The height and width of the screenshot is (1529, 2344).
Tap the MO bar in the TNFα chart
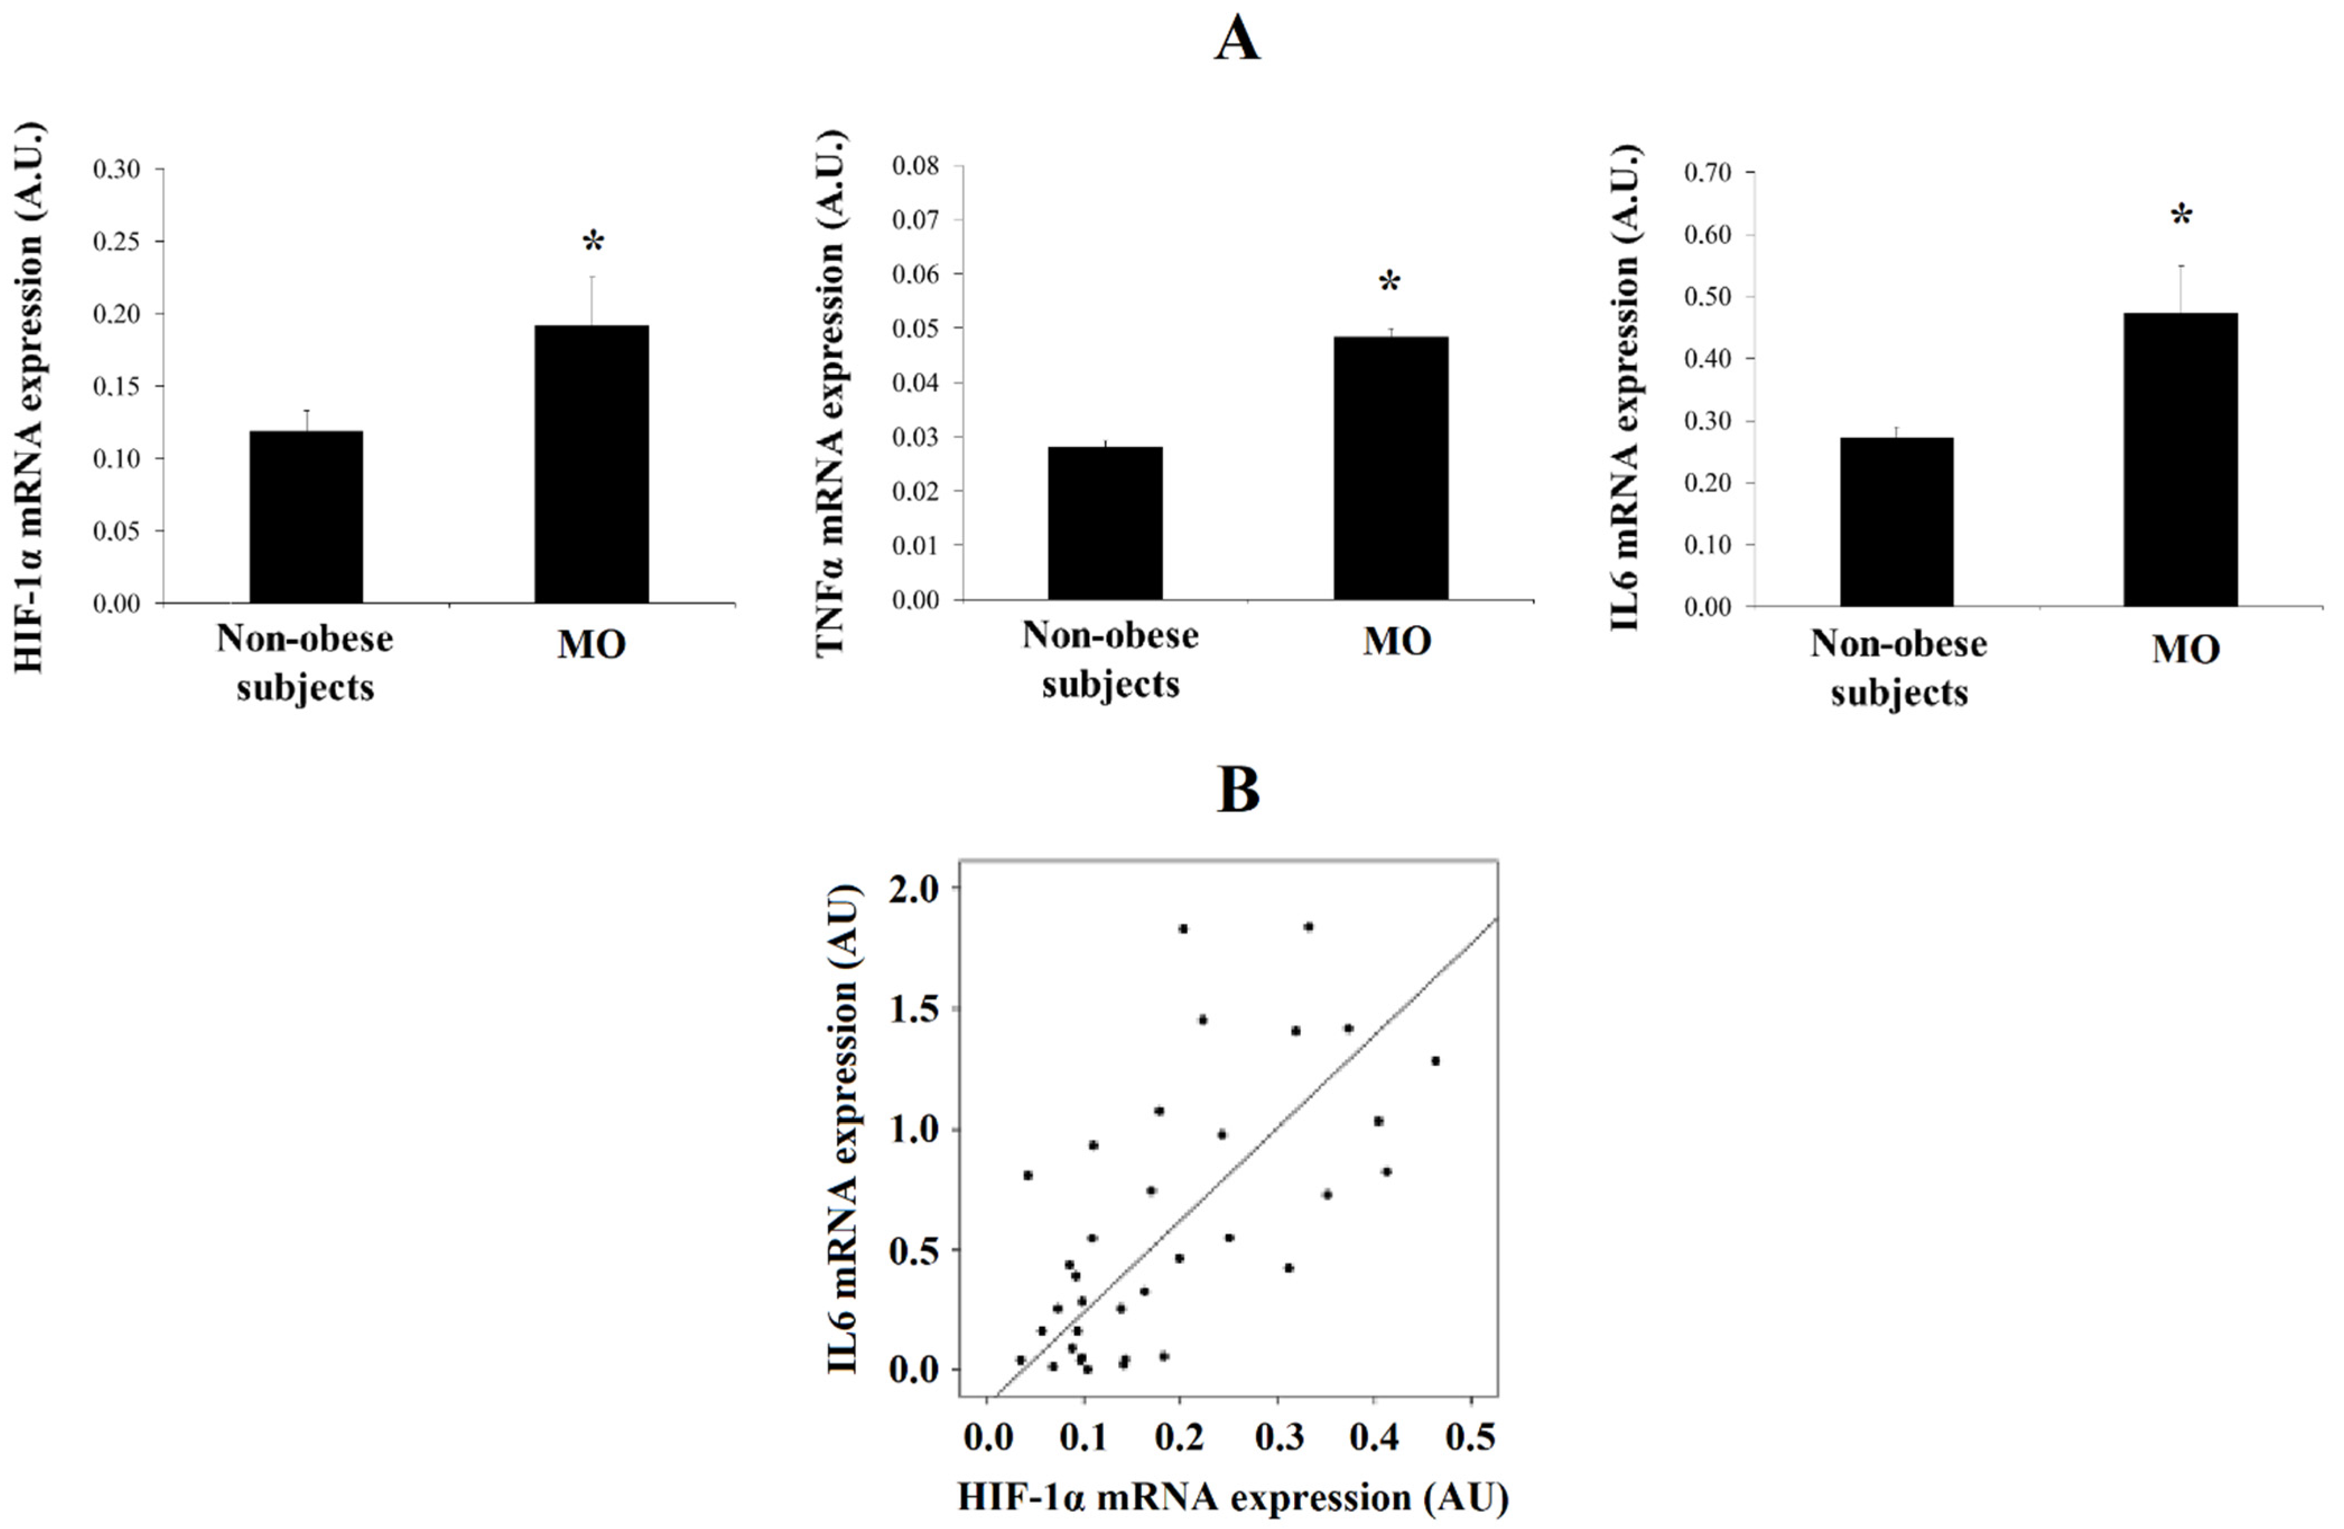click(1390, 468)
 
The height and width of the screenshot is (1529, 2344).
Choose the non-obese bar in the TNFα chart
click(1104, 523)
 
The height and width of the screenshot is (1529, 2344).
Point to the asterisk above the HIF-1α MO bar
click(593, 242)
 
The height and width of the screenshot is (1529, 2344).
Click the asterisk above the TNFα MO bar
click(1390, 283)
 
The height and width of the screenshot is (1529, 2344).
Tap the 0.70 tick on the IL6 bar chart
click(1707, 173)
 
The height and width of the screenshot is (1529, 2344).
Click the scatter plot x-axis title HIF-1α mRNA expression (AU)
click(1233, 1498)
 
